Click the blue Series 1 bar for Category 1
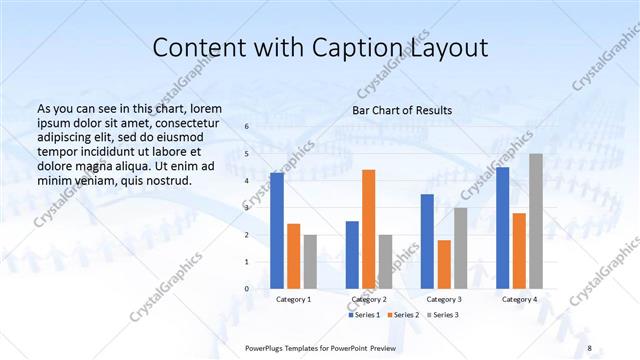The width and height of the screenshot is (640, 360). click(277, 231)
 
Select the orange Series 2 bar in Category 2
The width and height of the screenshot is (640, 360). click(368, 229)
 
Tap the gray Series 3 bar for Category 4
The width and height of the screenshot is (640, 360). click(536, 221)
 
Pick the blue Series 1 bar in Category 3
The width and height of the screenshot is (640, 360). click(427, 241)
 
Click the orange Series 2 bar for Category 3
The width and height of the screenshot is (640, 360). click(444, 264)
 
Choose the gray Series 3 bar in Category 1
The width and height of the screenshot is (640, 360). click(310, 262)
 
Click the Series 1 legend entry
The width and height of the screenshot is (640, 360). click(365, 315)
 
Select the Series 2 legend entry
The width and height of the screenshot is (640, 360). click(402, 315)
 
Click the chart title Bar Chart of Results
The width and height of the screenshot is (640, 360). click(402, 110)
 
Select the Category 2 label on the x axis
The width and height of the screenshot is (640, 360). click(368, 299)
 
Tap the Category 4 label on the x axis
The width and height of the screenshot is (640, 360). click(519, 299)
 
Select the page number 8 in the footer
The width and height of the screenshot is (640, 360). click(589, 347)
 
